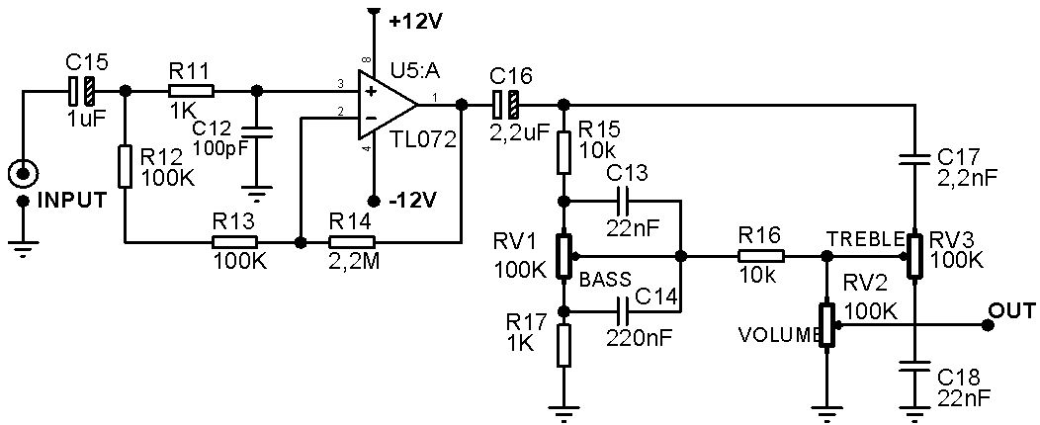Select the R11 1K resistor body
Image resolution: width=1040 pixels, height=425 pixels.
point(191,91)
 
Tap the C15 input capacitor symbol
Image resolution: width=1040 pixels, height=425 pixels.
point(82,91)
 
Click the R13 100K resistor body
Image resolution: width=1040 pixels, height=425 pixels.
point(235,241)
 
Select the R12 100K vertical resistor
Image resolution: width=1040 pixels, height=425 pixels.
point(126,166)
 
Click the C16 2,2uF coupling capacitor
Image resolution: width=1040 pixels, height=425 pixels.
point(507,103)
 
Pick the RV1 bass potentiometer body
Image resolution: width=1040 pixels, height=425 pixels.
point(563,256)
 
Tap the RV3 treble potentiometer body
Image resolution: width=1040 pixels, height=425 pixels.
point(915,254)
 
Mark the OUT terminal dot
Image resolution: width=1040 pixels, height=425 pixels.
point(988,324)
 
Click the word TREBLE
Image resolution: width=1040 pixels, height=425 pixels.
point(866,239)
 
